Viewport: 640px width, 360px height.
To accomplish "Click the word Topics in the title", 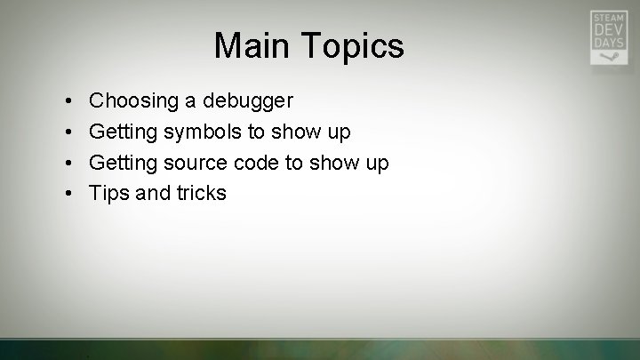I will point(350,45).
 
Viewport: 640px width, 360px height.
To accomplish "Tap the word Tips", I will point(109,193).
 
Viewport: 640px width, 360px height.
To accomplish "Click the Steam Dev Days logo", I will point(608,36).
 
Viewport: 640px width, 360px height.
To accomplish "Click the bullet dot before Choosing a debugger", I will point(68,101).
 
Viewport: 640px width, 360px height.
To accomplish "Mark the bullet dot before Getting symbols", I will point(68,132).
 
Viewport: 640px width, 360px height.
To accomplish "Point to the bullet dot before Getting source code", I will point(68,163).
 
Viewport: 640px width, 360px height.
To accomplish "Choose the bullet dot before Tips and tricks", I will point(68,193).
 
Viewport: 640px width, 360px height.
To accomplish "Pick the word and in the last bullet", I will point(151,193).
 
